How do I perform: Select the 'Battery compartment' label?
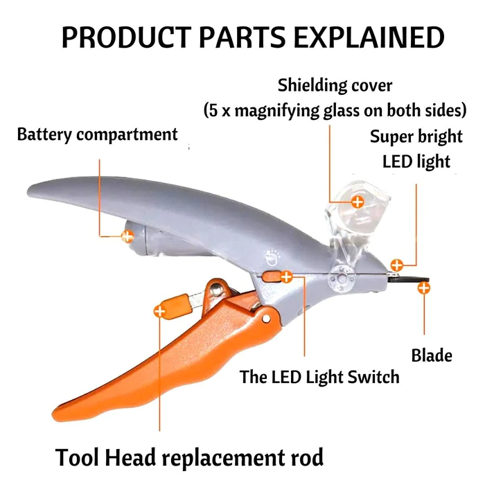pos(97,134)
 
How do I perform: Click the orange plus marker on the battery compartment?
pos(127,236)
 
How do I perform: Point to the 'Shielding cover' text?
pos(335,87)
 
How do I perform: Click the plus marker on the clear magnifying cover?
pos(358,202)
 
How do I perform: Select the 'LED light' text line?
pos(416,161)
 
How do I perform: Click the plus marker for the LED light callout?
pos(396,264)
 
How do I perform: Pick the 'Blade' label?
pos(432,355)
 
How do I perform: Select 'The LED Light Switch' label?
pos(319,377)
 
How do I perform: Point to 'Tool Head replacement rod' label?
pos(189,458)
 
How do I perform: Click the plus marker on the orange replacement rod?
pos(160,312)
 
